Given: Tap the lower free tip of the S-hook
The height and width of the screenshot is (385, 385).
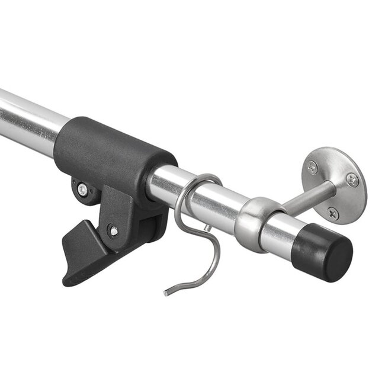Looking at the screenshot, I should [166, 292].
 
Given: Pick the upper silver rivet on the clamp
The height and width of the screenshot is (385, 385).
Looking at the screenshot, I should [82, 190].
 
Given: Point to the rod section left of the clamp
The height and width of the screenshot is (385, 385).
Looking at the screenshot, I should [30, 118].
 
